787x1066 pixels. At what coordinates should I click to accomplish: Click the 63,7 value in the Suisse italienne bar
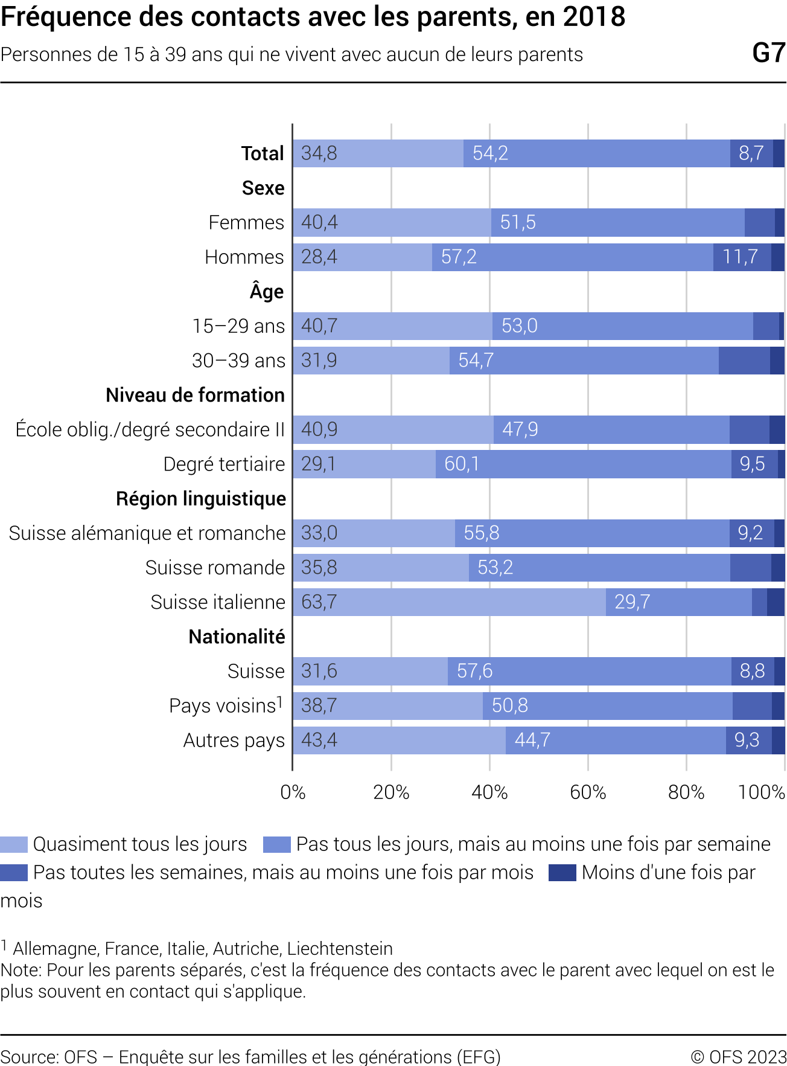point(319,602)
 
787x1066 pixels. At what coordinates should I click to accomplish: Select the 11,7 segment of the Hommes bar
point(741,257)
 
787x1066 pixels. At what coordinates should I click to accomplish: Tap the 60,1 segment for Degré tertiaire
point(583,464)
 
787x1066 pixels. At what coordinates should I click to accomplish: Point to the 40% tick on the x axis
point(489,792)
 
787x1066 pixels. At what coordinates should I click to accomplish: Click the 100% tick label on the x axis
point(762,792)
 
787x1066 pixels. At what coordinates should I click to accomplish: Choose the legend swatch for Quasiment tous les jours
point(14,844)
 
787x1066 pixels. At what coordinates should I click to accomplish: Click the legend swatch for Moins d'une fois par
point(562,873)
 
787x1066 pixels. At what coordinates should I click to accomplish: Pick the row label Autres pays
point(234,740)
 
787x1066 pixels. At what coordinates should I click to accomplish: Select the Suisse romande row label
point(215,568)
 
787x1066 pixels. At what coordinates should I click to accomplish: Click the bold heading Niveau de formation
point(195,395)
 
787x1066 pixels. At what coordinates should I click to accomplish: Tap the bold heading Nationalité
point(237,637)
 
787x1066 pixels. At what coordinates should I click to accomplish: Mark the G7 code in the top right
point(768,53)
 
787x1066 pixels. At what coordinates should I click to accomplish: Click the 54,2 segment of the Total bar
point(596,153)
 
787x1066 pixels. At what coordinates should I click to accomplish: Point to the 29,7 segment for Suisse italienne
point(678,602)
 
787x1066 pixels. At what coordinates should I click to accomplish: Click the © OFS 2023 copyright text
point(738,1056)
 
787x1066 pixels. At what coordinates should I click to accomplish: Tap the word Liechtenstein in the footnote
point(340,948)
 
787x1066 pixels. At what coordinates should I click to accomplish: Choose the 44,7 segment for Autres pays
point(616,740)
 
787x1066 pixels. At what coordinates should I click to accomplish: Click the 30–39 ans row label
point(238,361)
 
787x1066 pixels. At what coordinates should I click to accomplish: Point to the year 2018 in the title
point(594,17)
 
